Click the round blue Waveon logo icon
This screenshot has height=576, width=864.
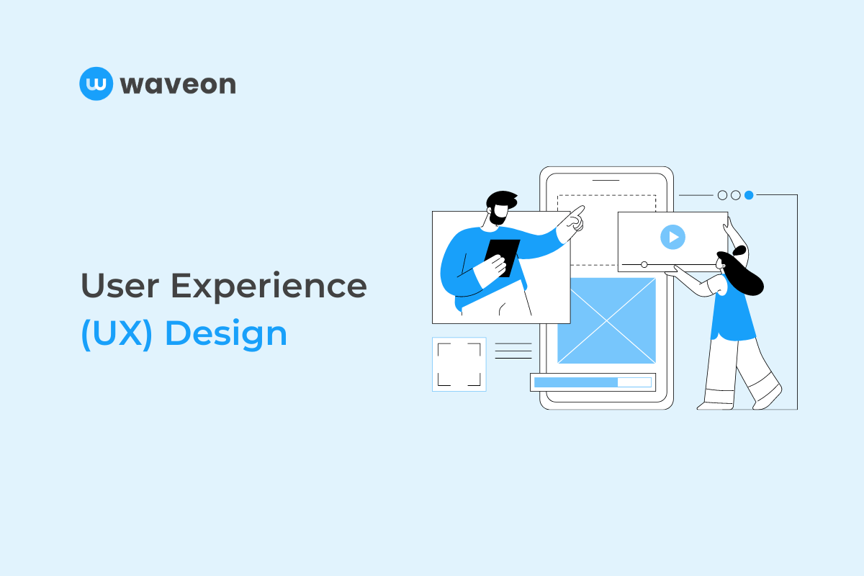tap(96, 84)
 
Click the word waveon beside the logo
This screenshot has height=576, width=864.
tap(178, 85)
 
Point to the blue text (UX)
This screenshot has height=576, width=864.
tap(117, 334)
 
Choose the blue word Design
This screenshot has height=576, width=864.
tap(226, 334)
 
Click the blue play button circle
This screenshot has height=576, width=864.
tap(672, 236)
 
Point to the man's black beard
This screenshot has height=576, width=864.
tap(500, 215)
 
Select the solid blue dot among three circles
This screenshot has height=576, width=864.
tap(749, 195)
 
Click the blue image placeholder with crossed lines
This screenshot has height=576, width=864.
tap(606, 320)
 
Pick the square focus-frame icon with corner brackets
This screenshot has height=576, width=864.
tap(459, 364)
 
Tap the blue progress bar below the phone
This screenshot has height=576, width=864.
tap(575, 382)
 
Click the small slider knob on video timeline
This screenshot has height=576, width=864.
tap(644, 264)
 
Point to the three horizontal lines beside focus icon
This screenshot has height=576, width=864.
tap(513, 351)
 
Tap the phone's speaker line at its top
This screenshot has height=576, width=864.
tap(606, 180)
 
